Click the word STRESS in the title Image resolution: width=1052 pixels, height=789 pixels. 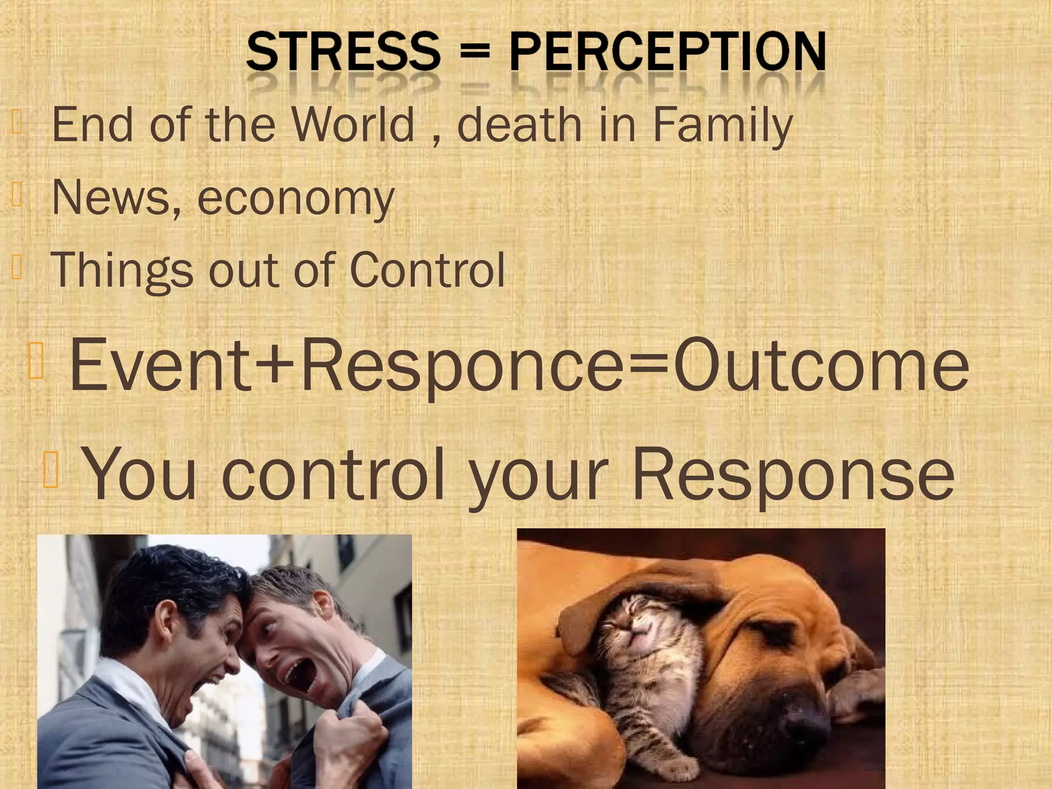343,51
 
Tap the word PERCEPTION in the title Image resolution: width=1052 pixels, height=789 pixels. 668,51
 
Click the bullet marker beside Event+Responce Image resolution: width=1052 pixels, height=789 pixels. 36,361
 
